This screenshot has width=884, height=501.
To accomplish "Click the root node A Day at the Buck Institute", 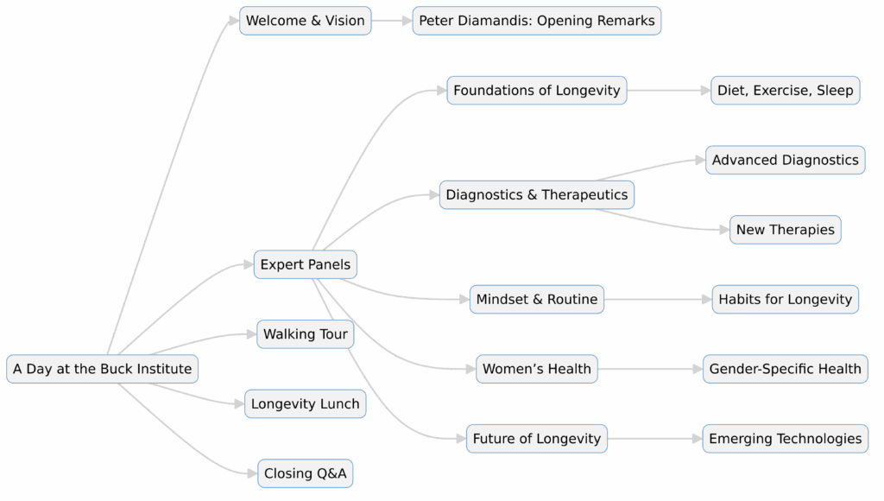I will coord(102,369).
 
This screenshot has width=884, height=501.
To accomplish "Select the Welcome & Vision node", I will coord(305,21).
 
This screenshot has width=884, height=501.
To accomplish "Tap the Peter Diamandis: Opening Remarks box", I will coord(536,21).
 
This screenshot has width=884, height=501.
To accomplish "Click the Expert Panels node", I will coord(305,264).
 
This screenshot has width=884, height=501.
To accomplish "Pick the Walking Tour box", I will coord(305,334).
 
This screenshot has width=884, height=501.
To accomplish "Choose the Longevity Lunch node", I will coord(305,403).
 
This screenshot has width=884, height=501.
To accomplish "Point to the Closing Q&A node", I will coord(305,473).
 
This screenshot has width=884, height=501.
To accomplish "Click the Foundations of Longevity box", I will coord(536,90).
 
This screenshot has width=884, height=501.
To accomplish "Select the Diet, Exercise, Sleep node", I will coord(785,90).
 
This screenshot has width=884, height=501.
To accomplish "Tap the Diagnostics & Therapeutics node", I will coord(536,194).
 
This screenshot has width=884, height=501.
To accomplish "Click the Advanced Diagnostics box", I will coord(785,160).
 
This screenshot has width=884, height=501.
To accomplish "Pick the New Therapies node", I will coord(785,230).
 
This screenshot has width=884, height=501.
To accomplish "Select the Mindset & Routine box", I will coord(536,299).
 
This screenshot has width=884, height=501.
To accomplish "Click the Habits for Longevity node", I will coord(785,299).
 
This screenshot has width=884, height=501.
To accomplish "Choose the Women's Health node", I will coord(536,369).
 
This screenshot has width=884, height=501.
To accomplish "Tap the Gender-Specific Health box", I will coord(785,369).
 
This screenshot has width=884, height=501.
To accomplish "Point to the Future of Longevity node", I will coord(536,438).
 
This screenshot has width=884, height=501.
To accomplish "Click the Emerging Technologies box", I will coord(785,438).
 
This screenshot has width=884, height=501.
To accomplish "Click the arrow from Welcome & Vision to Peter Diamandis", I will coord(392,21).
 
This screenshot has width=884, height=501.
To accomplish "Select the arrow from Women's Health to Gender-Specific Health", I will coord(649,369).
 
